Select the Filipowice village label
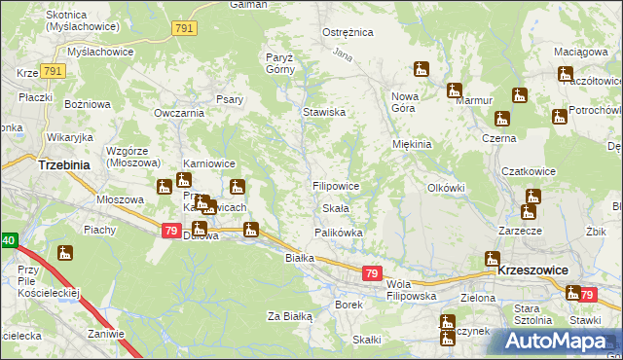(x=337, y=185)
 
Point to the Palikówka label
(x=338, y=233)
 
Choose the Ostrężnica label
(x=348, y=32)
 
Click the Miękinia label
(x=411, y=144)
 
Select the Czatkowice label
(x=529, y=171)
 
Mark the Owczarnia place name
(x=178, y=112)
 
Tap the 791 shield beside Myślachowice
(x=54, y=72)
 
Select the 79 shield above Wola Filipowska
(x=371, y=274)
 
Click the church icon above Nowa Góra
(x=421, y=69)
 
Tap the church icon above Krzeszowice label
(x=492, y=259)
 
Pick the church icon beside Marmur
(x=454, y=90)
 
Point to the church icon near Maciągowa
(x=566, y=73)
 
